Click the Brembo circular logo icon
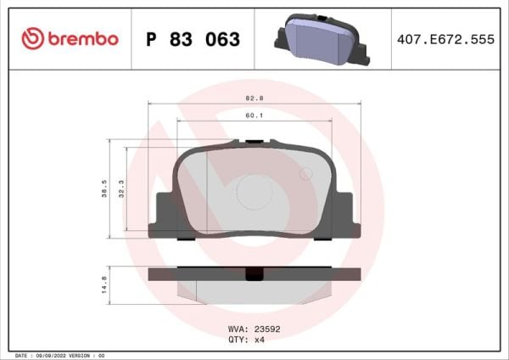point(32,39)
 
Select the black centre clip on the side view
point(253,274)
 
